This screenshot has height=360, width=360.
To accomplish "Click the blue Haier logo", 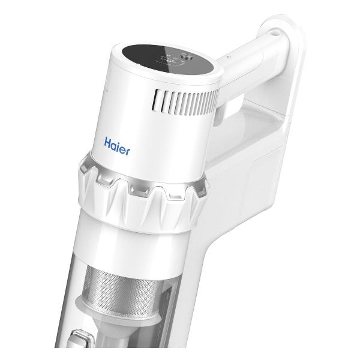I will click(117, 145).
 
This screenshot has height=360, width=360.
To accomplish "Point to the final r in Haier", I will click(128, 146).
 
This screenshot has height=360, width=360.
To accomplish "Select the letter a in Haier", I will click(114, 145).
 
